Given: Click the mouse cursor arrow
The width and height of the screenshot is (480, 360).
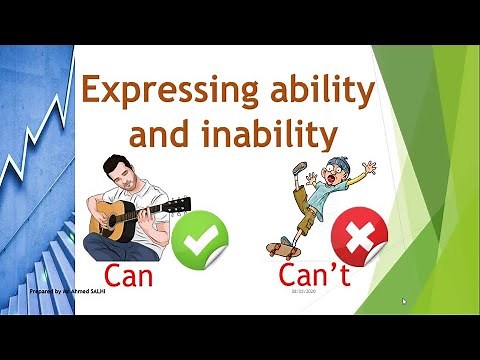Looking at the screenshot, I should coord(403,299).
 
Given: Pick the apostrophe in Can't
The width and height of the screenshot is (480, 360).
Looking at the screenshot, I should coord(326,263).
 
